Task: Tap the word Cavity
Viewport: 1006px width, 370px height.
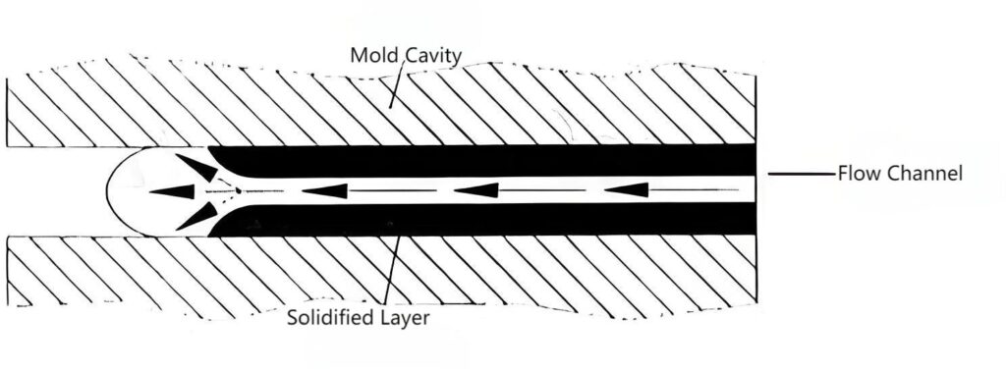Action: click(x=433, y=57)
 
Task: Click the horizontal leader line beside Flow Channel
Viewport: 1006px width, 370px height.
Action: click(x=802, y=174)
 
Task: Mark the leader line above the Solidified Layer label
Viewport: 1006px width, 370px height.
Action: click(x=391, y=269)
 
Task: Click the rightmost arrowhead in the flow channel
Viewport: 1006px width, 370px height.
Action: click(x=627, y=189)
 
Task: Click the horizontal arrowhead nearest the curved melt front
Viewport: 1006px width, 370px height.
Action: click(x=172, y=191)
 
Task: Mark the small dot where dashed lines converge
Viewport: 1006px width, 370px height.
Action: click(x=238, y=190)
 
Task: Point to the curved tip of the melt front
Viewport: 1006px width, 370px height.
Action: click(x=107, y=191)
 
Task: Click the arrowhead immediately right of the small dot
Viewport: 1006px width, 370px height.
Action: click(x=325, y=190)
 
